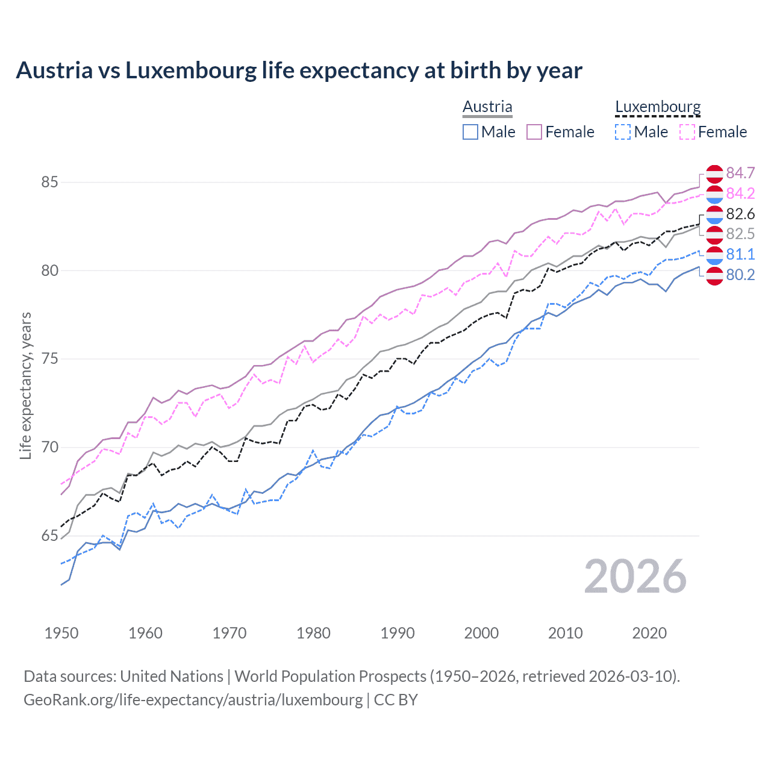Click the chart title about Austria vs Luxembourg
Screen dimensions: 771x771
coord(299,70)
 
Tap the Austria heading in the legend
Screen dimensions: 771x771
coord(487,107)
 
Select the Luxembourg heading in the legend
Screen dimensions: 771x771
coord(658,107)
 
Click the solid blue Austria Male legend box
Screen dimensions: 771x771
coord(470,132)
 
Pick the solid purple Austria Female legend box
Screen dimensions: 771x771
coord(534,132)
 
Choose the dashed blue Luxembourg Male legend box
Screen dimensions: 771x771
coord(623,132)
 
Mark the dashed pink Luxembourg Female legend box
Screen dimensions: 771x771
coord(687,132)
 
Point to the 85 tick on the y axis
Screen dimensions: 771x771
coord(50,182)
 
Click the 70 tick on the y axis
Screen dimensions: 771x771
coord(50,448)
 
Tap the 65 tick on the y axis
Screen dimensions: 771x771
coord(50,536)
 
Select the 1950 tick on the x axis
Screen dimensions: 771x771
coord(61,633)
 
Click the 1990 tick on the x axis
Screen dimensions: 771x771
coord(398,633)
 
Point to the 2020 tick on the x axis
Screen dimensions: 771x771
coord(649,633)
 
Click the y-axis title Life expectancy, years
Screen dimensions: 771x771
coord(26,385)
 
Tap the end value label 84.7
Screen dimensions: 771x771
coord(740,173)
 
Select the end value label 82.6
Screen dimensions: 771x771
coord(740,214)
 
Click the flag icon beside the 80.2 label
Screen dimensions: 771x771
coord(714,275)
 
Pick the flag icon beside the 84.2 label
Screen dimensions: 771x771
coord(714,193)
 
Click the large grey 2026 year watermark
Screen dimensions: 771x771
coord(635,576)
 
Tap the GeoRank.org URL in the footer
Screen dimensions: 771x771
coord(193,700)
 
